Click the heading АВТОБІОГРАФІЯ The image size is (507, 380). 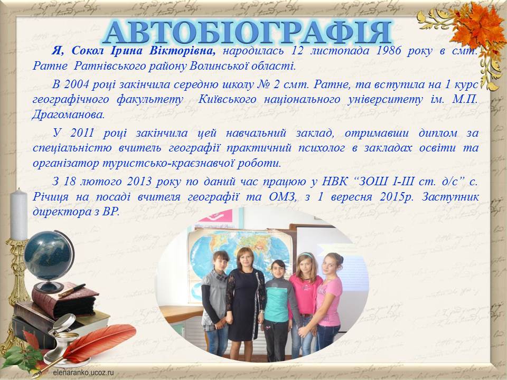[247, 32]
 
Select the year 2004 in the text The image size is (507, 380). [76, 84]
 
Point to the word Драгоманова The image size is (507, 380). [68, 115]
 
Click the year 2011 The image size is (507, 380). [82, 133]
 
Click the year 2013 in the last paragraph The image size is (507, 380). [139, 181]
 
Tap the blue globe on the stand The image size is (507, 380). [49, 255]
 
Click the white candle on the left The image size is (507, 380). [19, 215]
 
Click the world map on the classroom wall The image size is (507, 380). [239, 255]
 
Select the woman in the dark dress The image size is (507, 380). [246, 304]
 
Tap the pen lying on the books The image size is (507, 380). [72, 290]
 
